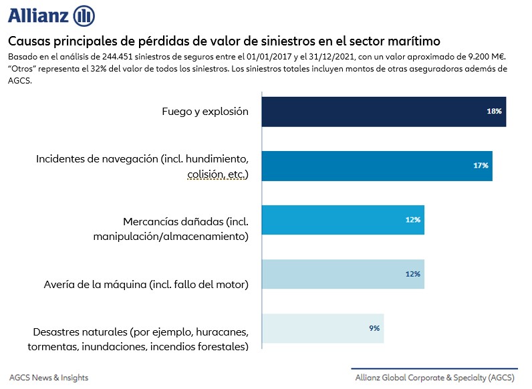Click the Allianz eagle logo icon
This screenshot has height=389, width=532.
tap(84, 15)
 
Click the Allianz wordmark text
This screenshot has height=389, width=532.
tap(38, 15)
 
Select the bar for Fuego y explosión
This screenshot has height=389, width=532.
tap(383, 112)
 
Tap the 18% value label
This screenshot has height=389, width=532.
tap(494, 112)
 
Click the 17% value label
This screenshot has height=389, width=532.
tap(481, 165)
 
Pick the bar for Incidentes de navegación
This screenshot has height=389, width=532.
tap(376, 166)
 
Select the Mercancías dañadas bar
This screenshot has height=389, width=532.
tap(342, 220)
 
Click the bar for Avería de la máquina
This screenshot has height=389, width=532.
tap(342, 273)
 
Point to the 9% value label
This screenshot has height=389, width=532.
tap(374, 328)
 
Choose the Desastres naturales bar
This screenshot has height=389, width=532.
tap(322, 328)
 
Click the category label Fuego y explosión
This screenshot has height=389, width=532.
tap(205, 112)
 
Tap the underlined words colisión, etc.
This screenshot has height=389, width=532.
tap(218, 175)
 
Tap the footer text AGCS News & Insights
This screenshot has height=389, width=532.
tap(49, 378)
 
